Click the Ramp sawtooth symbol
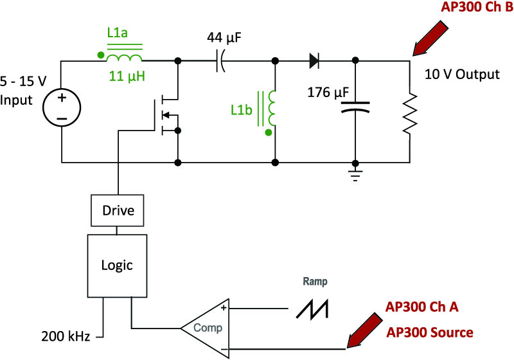[x=312, y=309]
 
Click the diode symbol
[x=314, y=60]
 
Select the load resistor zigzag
[x=410, y=113]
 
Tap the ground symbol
[x=355, y=175]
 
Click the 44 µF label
[x=224, y=38]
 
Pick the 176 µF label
[x=328, y=93]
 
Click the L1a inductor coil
[x=124, y=58]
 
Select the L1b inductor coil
[x=272, y=109]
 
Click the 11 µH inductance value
[x=127, y=76]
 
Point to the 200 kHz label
[x=66, y=336]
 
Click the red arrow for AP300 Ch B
[x=430, y=39]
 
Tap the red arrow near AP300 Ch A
[x=364, y=330]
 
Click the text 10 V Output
[x=462, y=75]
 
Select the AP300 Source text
[x=430, y=332]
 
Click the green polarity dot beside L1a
[x=101, y=55]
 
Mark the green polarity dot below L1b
[x=269, y=132]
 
